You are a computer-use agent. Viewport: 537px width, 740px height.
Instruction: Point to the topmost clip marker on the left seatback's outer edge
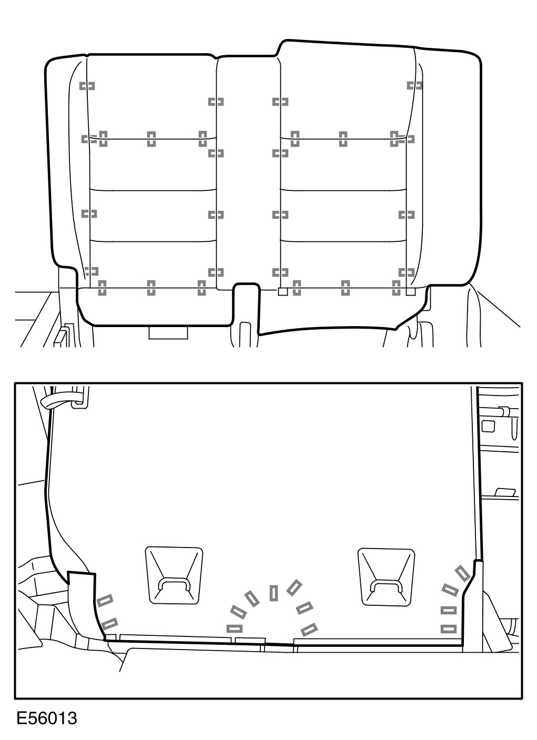[87, 86]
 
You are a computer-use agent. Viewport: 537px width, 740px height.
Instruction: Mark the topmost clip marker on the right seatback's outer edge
[415, 85]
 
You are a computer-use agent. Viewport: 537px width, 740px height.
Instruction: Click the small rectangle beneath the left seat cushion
[168, 333]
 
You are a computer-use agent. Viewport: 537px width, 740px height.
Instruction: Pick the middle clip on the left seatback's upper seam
[151, 139]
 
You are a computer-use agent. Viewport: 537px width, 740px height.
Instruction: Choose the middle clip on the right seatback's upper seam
[343, 139]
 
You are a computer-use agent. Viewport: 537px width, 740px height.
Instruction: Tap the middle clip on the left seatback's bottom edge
[151, 288]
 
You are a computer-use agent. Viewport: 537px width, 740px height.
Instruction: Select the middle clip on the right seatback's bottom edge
[346, 288]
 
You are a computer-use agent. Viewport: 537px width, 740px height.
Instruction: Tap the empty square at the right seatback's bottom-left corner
[283, 291]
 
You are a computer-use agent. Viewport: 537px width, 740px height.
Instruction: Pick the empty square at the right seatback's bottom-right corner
[410, 291]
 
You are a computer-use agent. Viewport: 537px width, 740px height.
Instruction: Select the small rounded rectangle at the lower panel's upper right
[489, 426]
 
